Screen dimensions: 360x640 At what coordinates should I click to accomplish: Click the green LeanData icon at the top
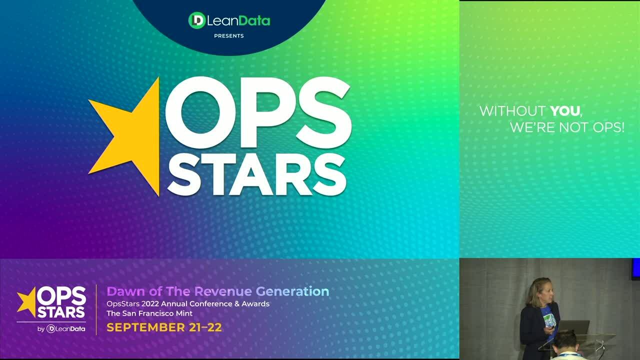click(197, 20)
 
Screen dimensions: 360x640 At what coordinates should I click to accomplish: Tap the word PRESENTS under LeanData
click(229, 36)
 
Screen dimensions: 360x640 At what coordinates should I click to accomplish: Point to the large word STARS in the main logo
click(256, 174)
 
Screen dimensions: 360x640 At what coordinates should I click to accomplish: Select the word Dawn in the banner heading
click(123, 291)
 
